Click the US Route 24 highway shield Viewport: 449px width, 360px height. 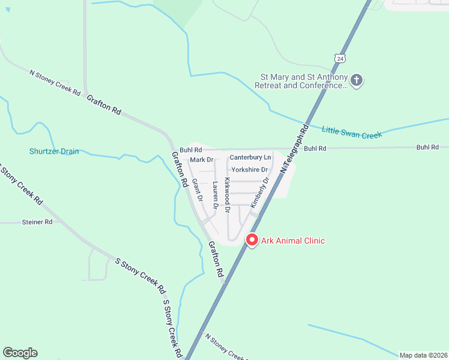pos(340,58)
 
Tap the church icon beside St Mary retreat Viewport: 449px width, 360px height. pos(357,80)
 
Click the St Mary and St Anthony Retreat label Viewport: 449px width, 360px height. pos(303,82)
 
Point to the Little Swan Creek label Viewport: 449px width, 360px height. pos(352,132)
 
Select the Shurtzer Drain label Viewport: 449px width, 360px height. pos(54,151)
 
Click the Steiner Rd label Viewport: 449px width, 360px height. pos(37,222)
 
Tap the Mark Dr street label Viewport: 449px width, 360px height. pos(202,160)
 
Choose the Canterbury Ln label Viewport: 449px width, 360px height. pos(250,157)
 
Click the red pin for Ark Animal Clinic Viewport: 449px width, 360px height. pos(252,239)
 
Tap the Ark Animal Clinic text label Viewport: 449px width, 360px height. pos(292,241)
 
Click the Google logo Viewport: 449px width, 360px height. pos(20,353)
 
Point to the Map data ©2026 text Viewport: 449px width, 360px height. pos(423,355)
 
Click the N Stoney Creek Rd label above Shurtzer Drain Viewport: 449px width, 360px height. pos(55,83)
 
